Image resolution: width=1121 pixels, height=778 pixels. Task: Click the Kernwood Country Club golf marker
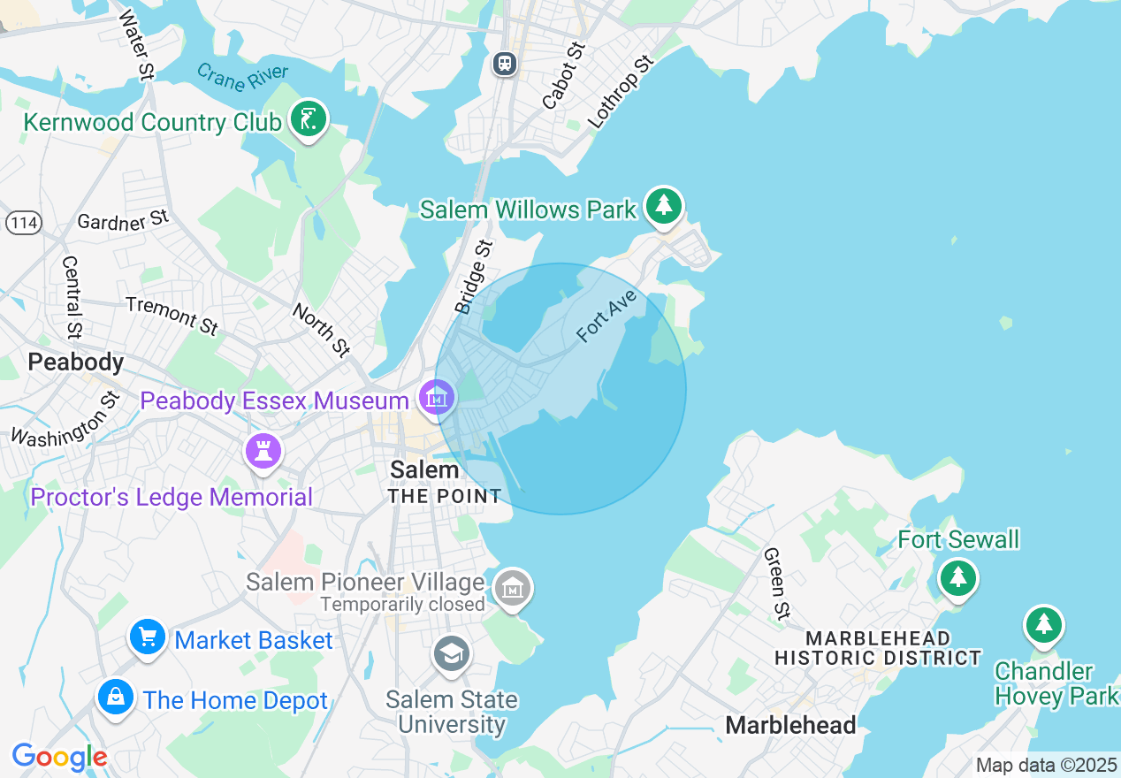click(x=308, y=118)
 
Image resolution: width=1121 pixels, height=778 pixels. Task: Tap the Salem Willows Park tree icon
click(x=664, y=205)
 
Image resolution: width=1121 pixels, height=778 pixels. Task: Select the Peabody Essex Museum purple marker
click(x=436, y=397)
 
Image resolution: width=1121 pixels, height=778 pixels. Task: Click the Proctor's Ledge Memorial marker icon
click(x=263, y=452)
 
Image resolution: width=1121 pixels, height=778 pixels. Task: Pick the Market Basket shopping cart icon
click(x=147, y=637)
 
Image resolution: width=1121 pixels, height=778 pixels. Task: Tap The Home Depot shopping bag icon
click(x=115, y=697)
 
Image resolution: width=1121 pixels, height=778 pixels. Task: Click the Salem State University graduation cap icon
click(x=452, y=655)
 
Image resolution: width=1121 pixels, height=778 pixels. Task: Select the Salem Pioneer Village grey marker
click(x=512, y=587)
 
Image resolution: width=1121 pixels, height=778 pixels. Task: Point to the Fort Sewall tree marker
click(x=957, y=578)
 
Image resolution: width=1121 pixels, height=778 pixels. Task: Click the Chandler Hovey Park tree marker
click(x=1044, y=624)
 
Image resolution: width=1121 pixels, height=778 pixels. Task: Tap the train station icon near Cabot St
click(x=505, y=64)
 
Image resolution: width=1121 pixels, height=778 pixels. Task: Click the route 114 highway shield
click(x=23, y=223)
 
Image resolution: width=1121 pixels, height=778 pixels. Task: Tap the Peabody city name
click(x=75, y=362)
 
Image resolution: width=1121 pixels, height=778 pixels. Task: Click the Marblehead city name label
click(x=790, y=726)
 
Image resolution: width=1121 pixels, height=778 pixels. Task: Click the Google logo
click(x=59, y=758)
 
